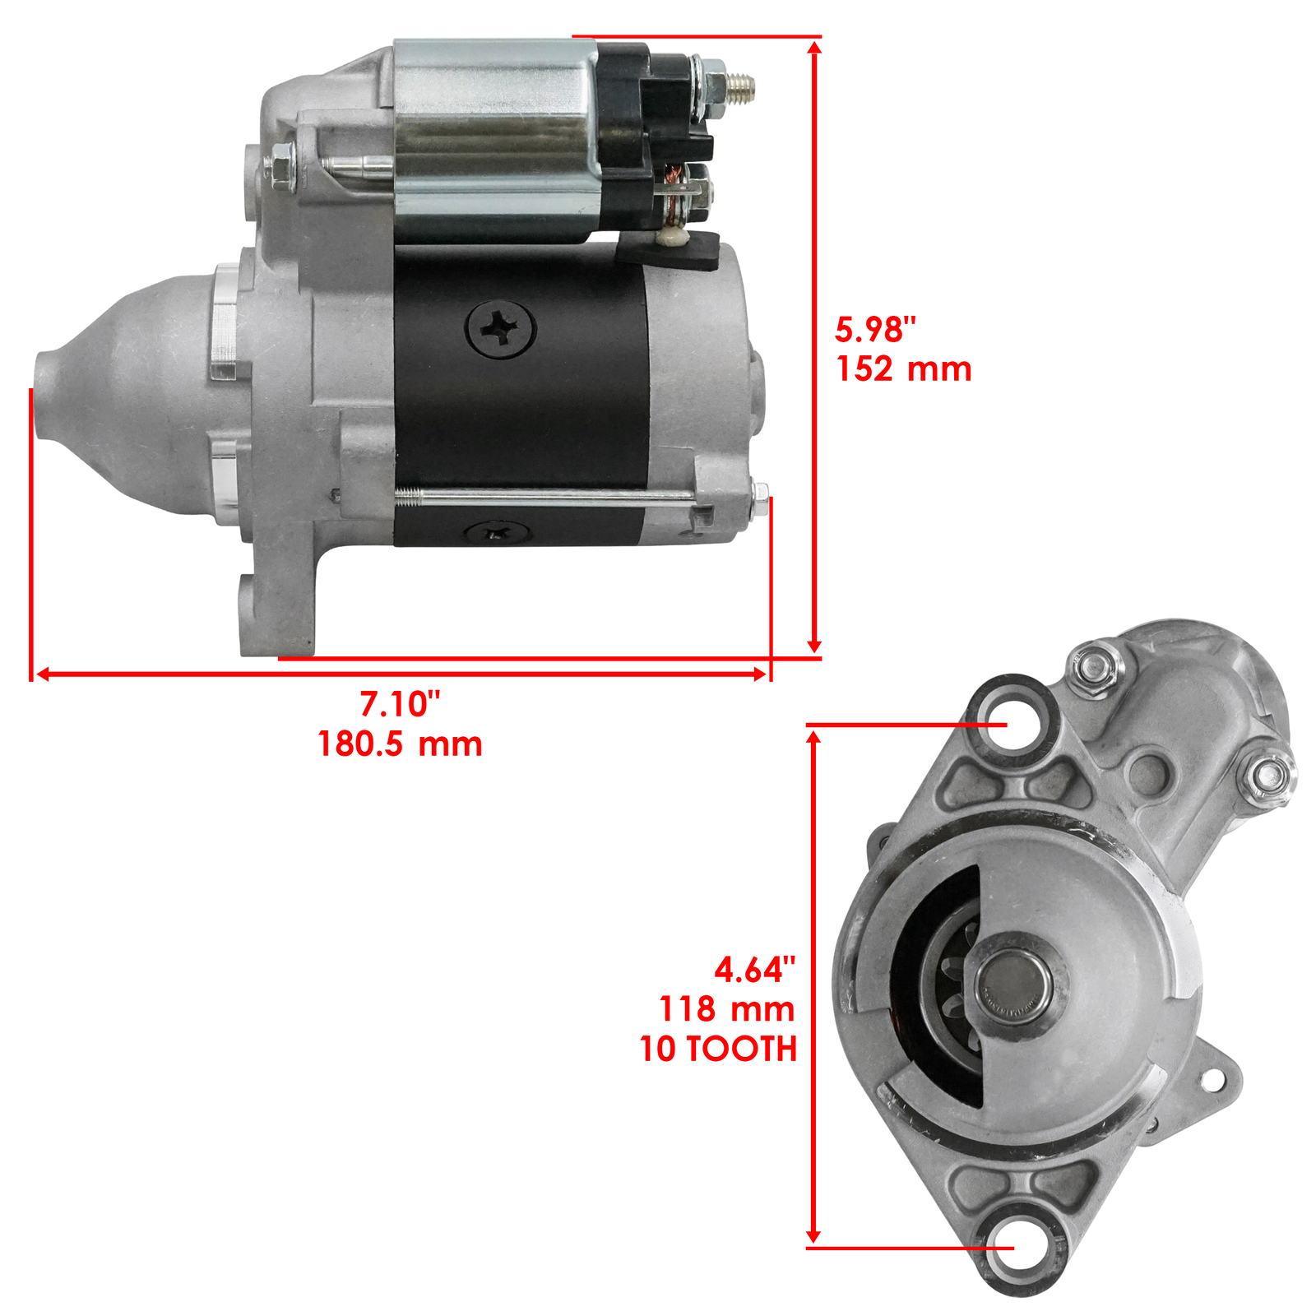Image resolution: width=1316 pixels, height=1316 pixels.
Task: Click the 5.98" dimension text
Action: pyautogui.click(x=874, y=330)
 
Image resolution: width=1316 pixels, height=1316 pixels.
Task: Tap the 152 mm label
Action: pyautogui.click(x=903, y=369)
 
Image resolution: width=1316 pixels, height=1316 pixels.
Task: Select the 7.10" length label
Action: pyautogui.click(x=400, y=704)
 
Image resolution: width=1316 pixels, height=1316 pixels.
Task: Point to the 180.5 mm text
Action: pyautogui.click(x=400, y=744)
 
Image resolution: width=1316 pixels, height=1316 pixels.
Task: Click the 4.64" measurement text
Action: pyautogui.click(x=754, y=970)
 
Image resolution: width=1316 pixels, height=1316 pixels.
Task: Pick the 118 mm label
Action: pyautogui.click(x=726, y=1009)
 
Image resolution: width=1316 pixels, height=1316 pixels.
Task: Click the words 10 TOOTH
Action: pyautogui.click(x=718, y=1049)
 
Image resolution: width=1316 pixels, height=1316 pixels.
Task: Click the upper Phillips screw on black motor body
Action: pyautogui.click(x=501, y=330)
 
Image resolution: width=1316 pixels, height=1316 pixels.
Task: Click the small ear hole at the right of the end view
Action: pyautogui.click(x=1212, y=1080)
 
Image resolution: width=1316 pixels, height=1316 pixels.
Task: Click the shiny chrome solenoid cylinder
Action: pyautogui.click(x=493, y=140)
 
